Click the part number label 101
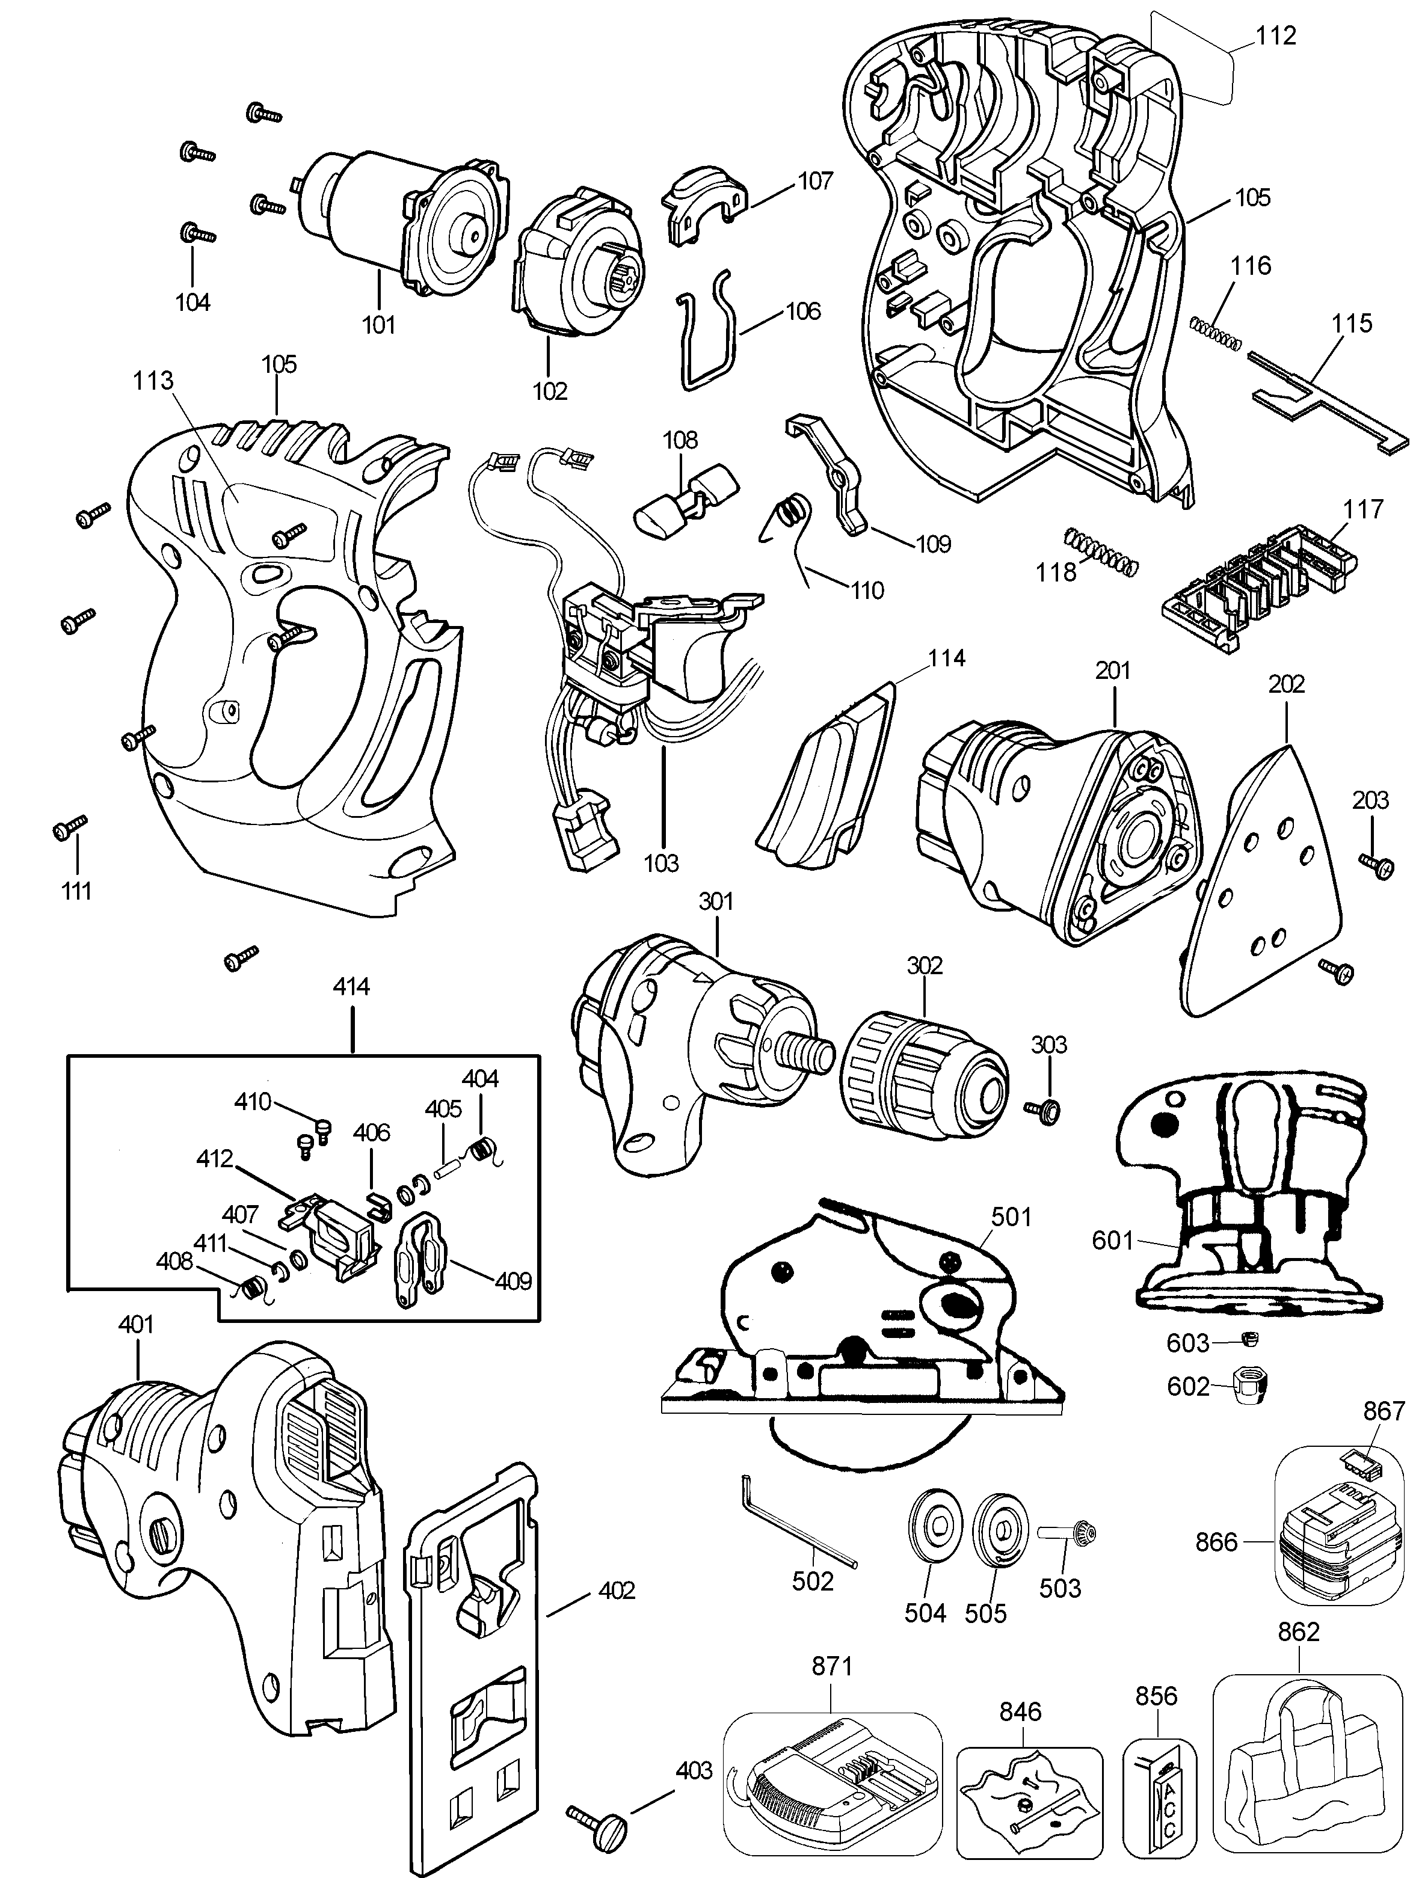pos(379,324)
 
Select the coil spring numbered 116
pos(1216,332)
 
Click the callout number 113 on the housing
pos(153,381)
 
